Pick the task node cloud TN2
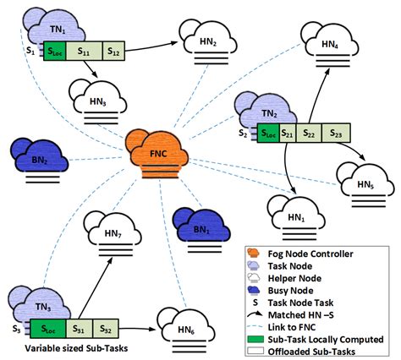(x=269, y=111)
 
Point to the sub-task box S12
(x=113, y=52)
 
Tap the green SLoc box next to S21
(x=266, y=132)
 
